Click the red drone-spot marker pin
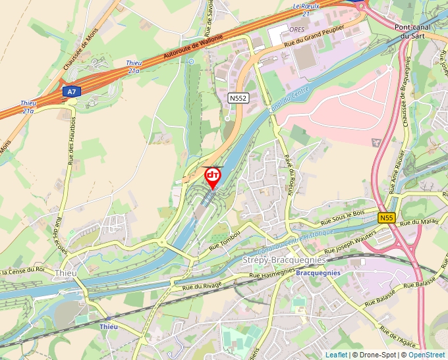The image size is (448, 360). (213, 177)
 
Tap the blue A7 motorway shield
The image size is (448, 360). (72, 92)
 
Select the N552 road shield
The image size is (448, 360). (238, 97)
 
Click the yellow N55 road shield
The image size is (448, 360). (387, 217)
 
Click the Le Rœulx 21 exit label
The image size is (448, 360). (306, 9)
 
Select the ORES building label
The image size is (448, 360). (296, 29)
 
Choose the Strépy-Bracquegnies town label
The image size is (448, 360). (285, 260)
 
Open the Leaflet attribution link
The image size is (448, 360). (336, 355)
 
